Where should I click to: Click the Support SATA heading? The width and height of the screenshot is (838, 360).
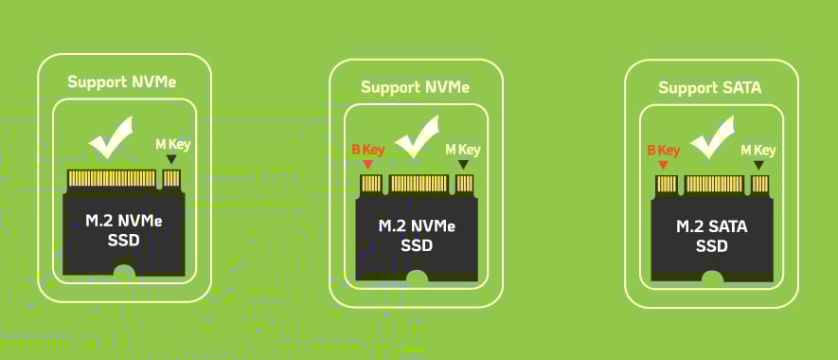click(x=710, y=88)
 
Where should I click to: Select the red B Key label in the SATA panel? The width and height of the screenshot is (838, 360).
click(x=663, y=150)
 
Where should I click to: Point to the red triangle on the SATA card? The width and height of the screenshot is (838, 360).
click(x=663, y=166)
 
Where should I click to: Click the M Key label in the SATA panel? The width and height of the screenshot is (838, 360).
click(x=758, y=150)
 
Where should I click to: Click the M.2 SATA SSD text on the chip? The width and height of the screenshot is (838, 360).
click(x=710, y=236)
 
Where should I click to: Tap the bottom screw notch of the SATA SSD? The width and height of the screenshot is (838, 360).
click(x=712, y=279)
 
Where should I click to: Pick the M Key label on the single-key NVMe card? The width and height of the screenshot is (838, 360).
click(x=172, y=144)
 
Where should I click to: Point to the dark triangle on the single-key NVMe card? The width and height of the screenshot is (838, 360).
click(x=171, y=160)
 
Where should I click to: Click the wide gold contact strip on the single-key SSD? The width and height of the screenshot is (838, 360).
click(x=111, y=178)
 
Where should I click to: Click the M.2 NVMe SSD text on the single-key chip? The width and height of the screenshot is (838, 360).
click(x=124, y=230)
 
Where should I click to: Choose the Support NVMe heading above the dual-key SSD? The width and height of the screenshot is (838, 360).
click(x=415, y=87)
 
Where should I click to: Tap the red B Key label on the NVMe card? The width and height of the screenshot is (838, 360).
click(x=369, y=150)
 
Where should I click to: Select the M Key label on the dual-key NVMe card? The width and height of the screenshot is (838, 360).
click(x=463, y=150)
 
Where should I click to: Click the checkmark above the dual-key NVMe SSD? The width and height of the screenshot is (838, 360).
click(x=417, y=137)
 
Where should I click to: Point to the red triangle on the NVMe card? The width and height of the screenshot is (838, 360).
click(x=368, y=166)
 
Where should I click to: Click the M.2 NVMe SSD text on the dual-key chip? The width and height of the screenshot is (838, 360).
click(x=417, y=236)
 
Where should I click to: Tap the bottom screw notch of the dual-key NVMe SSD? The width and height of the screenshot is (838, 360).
click(x=417, y=278)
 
